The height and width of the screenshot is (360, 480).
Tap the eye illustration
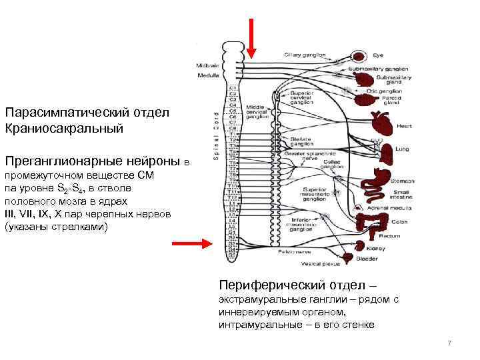coord(360,56)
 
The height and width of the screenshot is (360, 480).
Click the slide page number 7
coord(449,343)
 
